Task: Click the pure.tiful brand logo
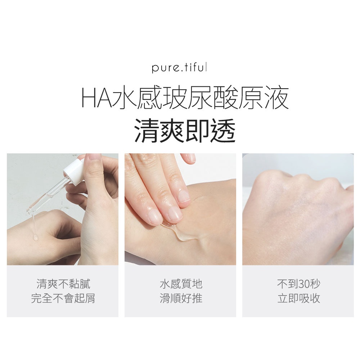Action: point(179,68)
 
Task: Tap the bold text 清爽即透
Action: point(185,131)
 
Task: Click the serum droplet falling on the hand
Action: point(35,237)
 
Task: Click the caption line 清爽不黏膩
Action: point(63,284)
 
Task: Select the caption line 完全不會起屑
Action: point(63,298)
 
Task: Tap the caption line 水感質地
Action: point(181,284)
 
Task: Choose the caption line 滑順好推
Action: point(181,298)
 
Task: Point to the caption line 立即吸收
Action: point(299,298)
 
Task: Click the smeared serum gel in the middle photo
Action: point(181,232)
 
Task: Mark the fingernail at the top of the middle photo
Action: point(190,158)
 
